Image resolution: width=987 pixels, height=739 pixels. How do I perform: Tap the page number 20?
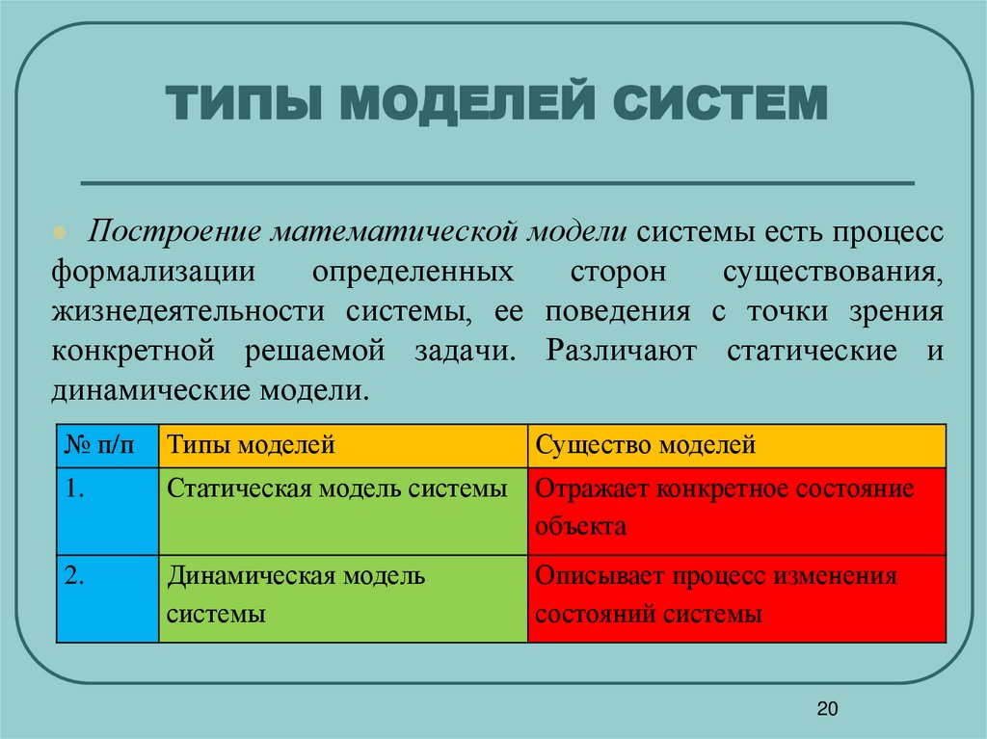[827, 710]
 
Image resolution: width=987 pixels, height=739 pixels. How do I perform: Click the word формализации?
[153, 273]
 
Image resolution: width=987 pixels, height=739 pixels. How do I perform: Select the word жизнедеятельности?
[185, 312]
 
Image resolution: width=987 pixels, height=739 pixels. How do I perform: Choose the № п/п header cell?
[107, 445]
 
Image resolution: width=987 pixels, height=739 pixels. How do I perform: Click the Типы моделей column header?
[342, 445]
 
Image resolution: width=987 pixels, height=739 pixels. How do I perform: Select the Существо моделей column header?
[736, 445]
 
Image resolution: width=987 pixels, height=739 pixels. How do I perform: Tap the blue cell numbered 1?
[107, 511]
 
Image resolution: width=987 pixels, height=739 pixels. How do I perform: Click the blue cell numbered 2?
[107, 597]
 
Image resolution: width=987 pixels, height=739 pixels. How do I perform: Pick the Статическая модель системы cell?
[342, 511]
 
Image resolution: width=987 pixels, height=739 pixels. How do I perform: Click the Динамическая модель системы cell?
[342, 597]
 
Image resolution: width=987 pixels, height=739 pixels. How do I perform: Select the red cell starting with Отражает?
[736, 511]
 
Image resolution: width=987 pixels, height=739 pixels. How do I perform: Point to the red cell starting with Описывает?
[736, 597]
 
